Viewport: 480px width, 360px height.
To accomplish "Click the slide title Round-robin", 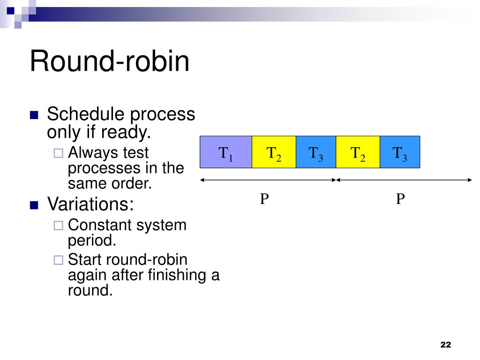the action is [110, 61].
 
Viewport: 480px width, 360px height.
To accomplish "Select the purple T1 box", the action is [226, 152].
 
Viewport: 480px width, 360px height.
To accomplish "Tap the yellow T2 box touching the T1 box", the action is [274, 152].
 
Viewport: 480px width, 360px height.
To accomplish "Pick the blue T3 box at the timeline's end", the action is [400, 152].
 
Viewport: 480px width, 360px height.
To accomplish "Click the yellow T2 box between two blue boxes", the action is [358, 152].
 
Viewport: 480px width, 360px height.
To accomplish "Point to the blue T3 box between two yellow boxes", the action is [316, 152].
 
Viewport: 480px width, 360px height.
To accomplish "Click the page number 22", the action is [445, 345].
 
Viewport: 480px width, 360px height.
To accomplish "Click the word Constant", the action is [100, 225].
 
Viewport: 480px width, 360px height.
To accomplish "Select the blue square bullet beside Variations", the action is [34, 205].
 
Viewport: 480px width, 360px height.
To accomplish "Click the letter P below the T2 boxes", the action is [265, 200].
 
